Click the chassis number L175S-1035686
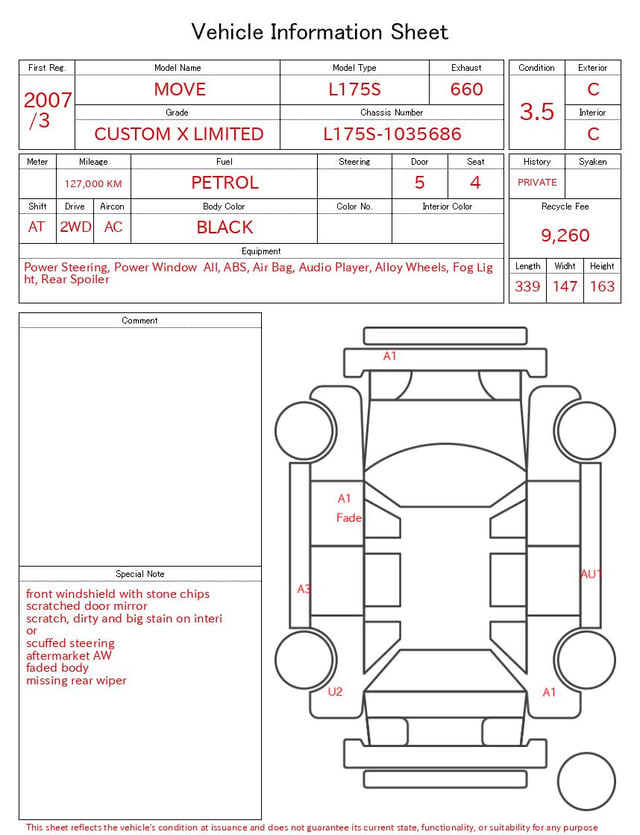pyautogui.click(x=392, y=134)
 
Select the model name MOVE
pyautogui.click(x=180, y=89)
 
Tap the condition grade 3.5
pyautogui.click(x=537, y=111)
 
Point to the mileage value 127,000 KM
pyautogui.click(x=93, y=184)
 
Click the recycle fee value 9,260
pyautogui.click(x=565, y=235)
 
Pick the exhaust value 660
pyautogui.click(x=466, y=89)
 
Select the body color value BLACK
pyautogui.click(x=225, y=227)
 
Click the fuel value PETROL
pyautogui.click(x=225, y=183)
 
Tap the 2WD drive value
pyautogui.click(x=75, y=227)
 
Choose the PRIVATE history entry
pyautogui.click(x=537, y=182)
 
